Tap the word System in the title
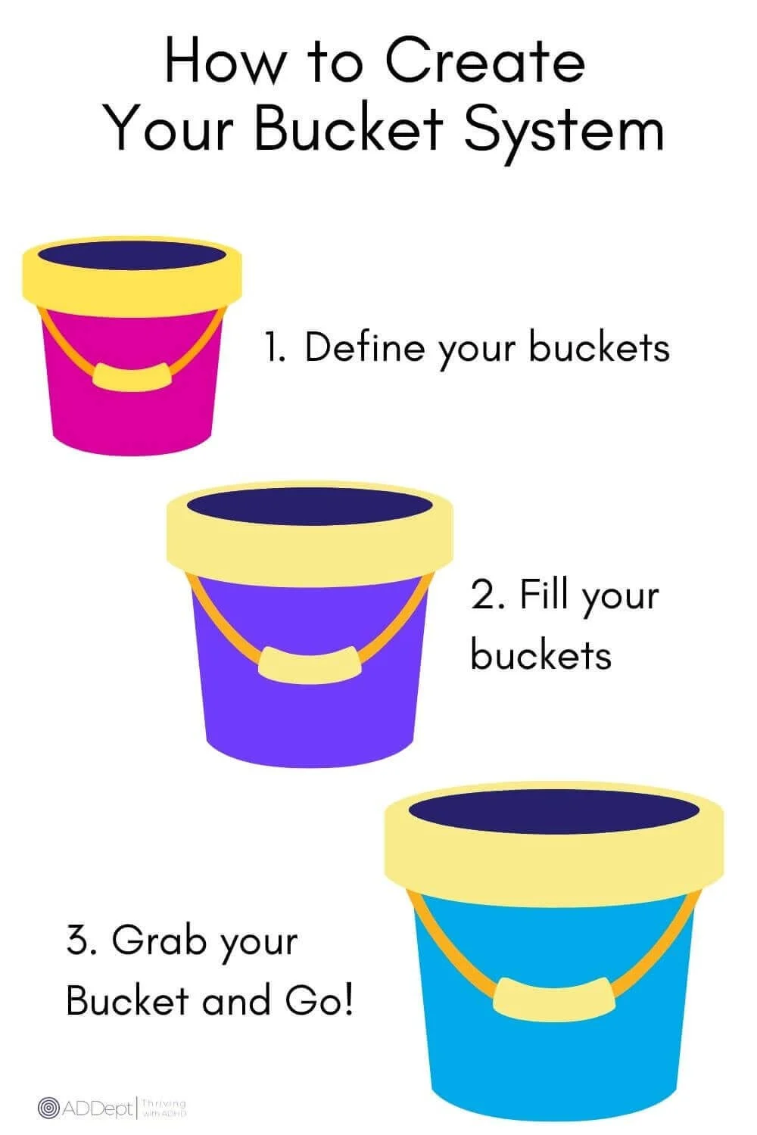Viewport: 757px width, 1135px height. point(564,130)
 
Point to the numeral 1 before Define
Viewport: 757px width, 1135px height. point(273,348)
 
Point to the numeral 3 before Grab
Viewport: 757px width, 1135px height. point(78,941)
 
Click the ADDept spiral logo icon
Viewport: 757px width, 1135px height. point(48,1109)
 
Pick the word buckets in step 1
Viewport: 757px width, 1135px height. point(599,347)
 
